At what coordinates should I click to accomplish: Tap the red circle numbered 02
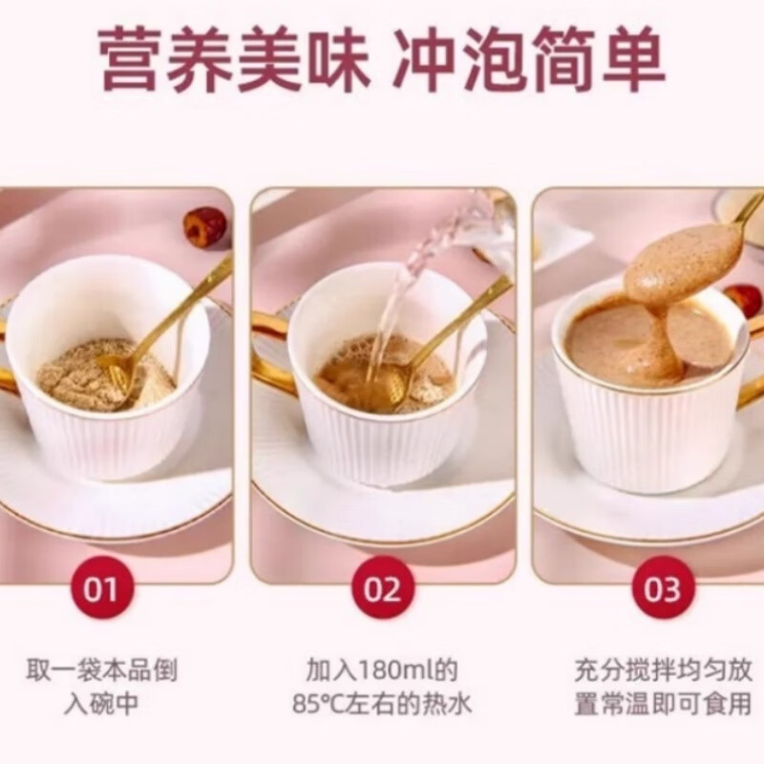pos(382,586)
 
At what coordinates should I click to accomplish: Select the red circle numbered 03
pos(662,586)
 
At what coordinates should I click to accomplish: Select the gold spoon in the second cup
pos(449,325)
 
